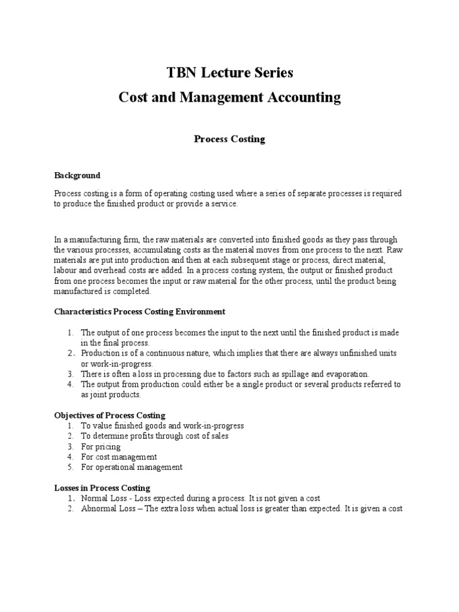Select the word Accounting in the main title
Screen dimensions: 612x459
tap(304, 97)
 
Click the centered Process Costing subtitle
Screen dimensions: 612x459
tap(229, 139)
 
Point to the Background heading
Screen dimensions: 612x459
tap(78, 176)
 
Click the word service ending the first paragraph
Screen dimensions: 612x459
tap(225, 204)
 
